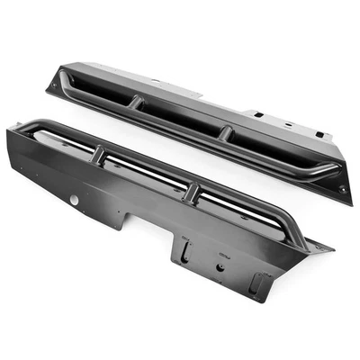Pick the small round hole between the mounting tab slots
point(219,267)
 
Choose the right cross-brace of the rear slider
point(227,134)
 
